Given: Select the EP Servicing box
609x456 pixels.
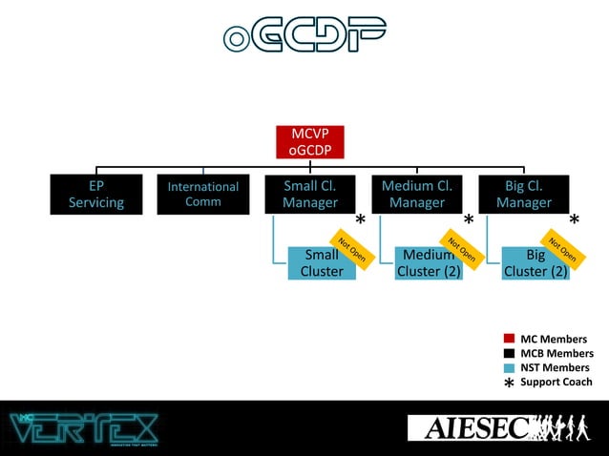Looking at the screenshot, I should point(95,194).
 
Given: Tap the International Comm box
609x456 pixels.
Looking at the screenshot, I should point(203,194).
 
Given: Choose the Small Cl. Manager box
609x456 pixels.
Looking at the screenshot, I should point(310,194).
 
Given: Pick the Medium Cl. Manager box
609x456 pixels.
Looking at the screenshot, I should point(417,194).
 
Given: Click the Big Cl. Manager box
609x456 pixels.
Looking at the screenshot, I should point(523,194).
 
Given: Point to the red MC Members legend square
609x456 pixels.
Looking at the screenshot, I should point(509,339).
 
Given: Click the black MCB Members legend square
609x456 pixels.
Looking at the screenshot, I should point(509,353).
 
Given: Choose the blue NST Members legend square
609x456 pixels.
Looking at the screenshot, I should point(509,367).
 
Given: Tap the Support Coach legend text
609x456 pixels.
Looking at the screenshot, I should point(556,382).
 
